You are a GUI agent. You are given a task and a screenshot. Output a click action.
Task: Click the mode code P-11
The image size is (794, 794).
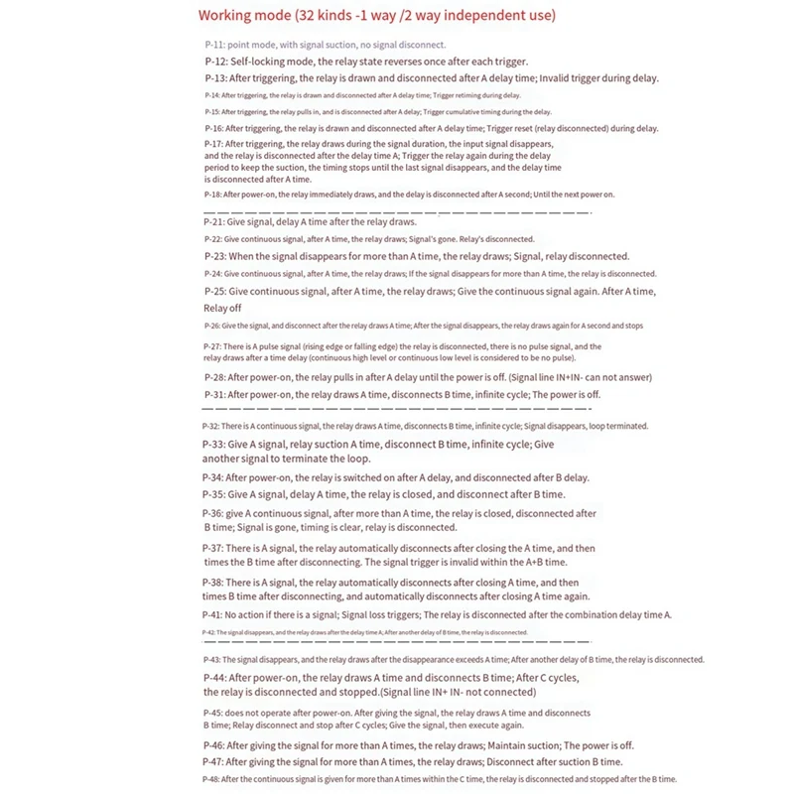[x=212, y=46]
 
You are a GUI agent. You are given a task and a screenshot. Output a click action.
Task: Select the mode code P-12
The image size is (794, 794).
[x=215, y=62]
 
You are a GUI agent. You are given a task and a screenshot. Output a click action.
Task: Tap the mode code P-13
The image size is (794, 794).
[x=215, y=78]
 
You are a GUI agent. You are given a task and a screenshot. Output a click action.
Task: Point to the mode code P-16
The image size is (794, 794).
[x=214, y=129]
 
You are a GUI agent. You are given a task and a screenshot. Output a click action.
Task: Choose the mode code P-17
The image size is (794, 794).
[x=214, y=145]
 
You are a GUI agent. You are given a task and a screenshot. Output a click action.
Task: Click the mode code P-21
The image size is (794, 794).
[x=214, y=222]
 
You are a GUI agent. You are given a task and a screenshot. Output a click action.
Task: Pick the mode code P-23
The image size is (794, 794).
[x=214, y=256]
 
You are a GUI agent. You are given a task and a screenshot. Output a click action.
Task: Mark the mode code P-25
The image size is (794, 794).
[x=215, y=292]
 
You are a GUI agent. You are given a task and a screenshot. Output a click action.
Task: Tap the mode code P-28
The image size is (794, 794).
[x=215, y=378]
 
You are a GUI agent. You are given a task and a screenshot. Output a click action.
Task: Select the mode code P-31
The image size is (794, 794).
[x=215, y=395]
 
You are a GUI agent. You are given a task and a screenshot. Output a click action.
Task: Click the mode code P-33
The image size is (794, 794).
[x=215, y=446]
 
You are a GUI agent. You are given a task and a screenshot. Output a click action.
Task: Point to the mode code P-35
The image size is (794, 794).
[x=214, y=494]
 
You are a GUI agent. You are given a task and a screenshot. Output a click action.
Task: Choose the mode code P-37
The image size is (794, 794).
[x=215, y=549]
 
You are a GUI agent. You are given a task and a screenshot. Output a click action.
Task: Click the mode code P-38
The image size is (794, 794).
[x=215, y=584]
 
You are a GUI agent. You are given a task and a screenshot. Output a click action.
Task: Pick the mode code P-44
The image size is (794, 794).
[x=215, y=677]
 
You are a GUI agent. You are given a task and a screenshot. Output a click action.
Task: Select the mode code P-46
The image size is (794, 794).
[x=215, y=746]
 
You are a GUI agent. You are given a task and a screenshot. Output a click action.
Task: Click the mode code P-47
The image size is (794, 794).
[x=215, y=763]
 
